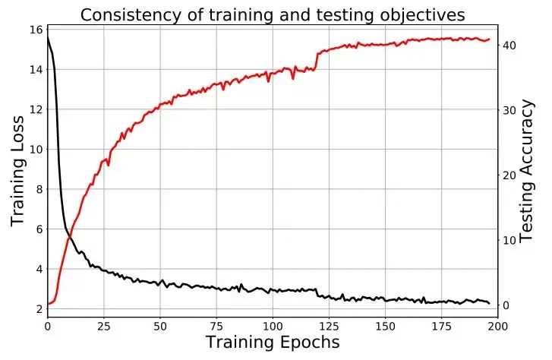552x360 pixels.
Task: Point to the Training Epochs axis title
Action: pos(273,343)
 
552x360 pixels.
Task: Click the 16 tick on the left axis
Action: pos(34,30)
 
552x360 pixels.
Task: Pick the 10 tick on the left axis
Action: pos(34,149)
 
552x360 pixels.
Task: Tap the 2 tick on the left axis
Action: pos(37,309)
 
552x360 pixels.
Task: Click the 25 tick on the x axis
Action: pos(103,325)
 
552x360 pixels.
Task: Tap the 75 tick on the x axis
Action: pos(216,325)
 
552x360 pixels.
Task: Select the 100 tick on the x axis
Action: pos(272,325)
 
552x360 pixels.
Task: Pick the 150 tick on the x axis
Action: pos(384,325)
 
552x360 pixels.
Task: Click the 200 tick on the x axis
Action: pos(497,325)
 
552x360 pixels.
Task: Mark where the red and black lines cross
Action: pos(69,237)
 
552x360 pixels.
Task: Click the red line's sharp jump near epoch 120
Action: pos(317,61)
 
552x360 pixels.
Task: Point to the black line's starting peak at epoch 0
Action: pos(48,36)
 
